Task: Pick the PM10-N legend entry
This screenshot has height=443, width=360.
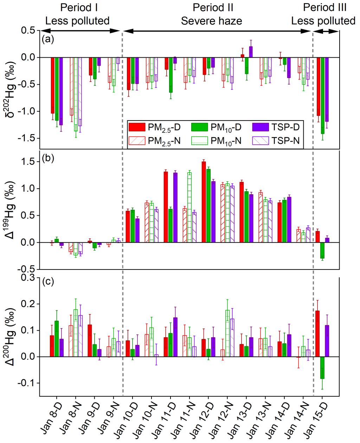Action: point(217,141)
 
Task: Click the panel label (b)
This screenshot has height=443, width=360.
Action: point(47,158)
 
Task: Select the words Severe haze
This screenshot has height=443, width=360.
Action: point(211,21)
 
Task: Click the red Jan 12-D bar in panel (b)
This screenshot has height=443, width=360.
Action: point(204,202)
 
